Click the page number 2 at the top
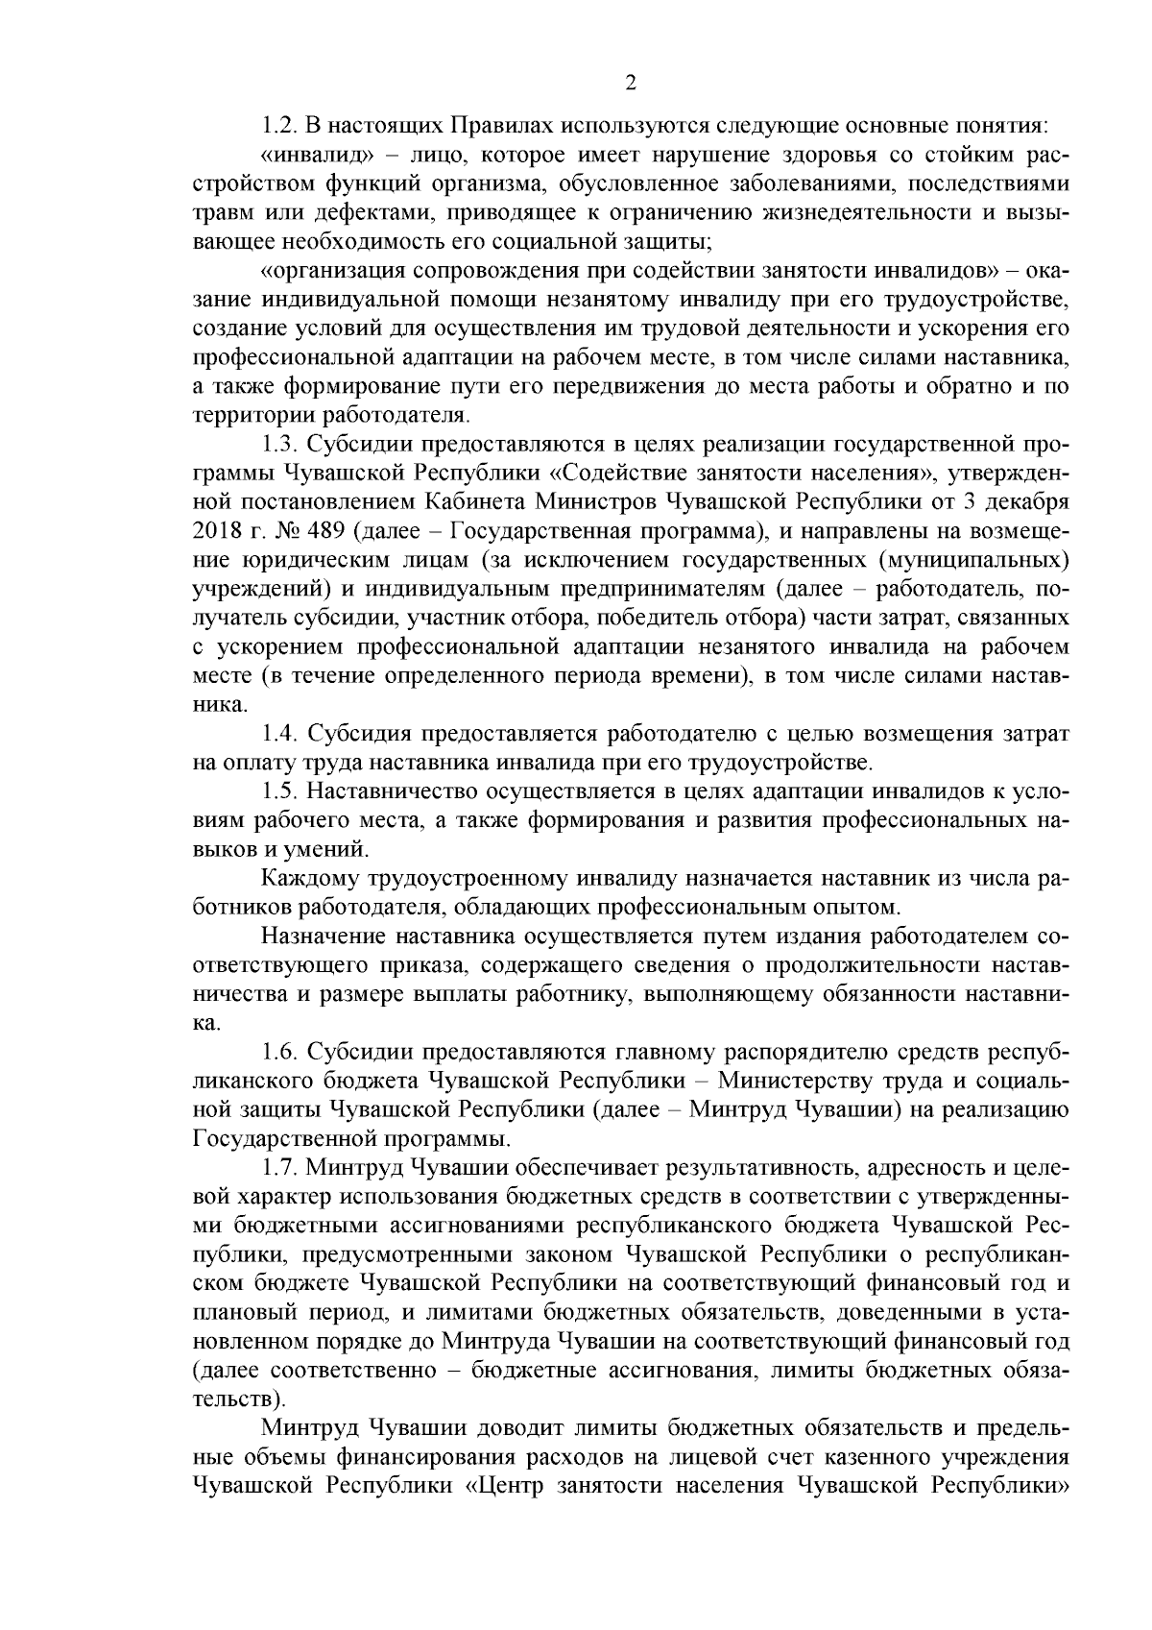click(630, 85)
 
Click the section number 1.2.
click(279, 126)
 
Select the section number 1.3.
click(279, 445)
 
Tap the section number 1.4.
click(279, 735)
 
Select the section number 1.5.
click(279, 792)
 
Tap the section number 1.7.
click(279, 1169)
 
